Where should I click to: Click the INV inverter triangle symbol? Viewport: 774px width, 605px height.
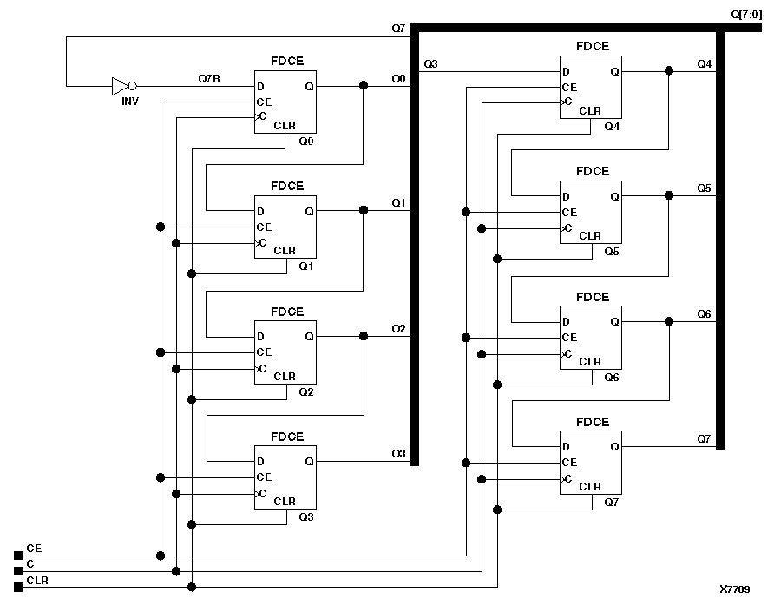coord(121,86)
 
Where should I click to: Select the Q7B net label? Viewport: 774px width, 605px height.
coord(209,79)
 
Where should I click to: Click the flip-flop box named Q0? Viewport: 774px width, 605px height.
coord(285,102)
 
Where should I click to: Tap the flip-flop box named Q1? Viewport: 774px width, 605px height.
coord(285,227)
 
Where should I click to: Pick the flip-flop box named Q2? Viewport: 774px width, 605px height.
coord(285,352)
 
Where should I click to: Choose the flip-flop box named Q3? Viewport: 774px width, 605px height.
coord(285,477)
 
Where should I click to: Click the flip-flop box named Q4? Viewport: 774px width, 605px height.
coord(590,87)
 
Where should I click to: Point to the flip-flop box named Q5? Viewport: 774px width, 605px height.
coord(590,212)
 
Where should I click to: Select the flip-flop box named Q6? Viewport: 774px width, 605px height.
coord(590,337)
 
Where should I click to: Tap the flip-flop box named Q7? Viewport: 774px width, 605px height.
coord(590,462)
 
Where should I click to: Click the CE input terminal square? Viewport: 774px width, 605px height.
coord(17,556)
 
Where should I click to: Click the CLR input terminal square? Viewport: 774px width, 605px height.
coord(17,587)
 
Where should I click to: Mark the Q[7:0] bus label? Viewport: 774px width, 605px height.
coord(747,14)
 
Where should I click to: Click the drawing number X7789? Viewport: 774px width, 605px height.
coord(734,589)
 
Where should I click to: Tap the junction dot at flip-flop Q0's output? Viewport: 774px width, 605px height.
coord(363,85)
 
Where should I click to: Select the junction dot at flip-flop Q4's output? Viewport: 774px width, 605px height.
coord(668,70)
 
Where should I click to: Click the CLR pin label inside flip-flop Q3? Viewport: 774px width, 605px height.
coord(285,502)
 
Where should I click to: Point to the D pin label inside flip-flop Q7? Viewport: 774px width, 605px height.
coord(566,447)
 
